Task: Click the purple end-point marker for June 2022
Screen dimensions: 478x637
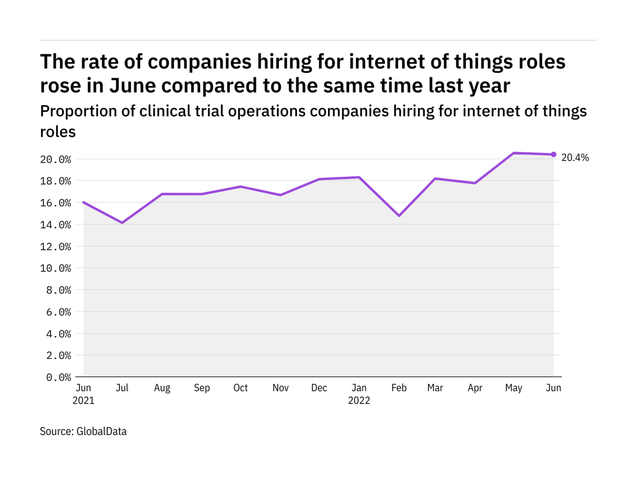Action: click(553, 154)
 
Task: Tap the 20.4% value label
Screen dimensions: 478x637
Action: click(575, 158)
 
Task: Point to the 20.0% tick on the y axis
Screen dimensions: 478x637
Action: click(56, 159)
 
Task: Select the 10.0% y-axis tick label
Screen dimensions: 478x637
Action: click(56, 268)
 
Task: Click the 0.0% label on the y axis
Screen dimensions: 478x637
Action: click(58, 378)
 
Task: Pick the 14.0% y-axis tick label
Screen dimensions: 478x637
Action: click(56, 225)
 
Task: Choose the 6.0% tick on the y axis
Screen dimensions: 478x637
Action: click(58, 312)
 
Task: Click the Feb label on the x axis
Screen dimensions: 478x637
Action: click(399, 388)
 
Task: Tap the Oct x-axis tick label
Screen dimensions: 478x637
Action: click(241, 388)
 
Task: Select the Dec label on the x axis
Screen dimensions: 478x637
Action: click(319, 388)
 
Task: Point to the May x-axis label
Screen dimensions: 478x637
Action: click(513, 388)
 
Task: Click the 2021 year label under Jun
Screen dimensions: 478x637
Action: click(83, 401)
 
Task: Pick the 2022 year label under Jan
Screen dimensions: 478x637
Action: click(359, 401)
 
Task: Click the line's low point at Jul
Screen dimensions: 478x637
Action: click(122, 223)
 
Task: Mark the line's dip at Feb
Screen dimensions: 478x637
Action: click(399, 216)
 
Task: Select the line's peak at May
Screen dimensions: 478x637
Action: click(513, 153)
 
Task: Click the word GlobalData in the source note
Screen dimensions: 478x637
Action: click(102, 432)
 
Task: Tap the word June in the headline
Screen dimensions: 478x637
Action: click(133, 86)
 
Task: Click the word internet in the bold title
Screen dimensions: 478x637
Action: click(387, 62)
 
